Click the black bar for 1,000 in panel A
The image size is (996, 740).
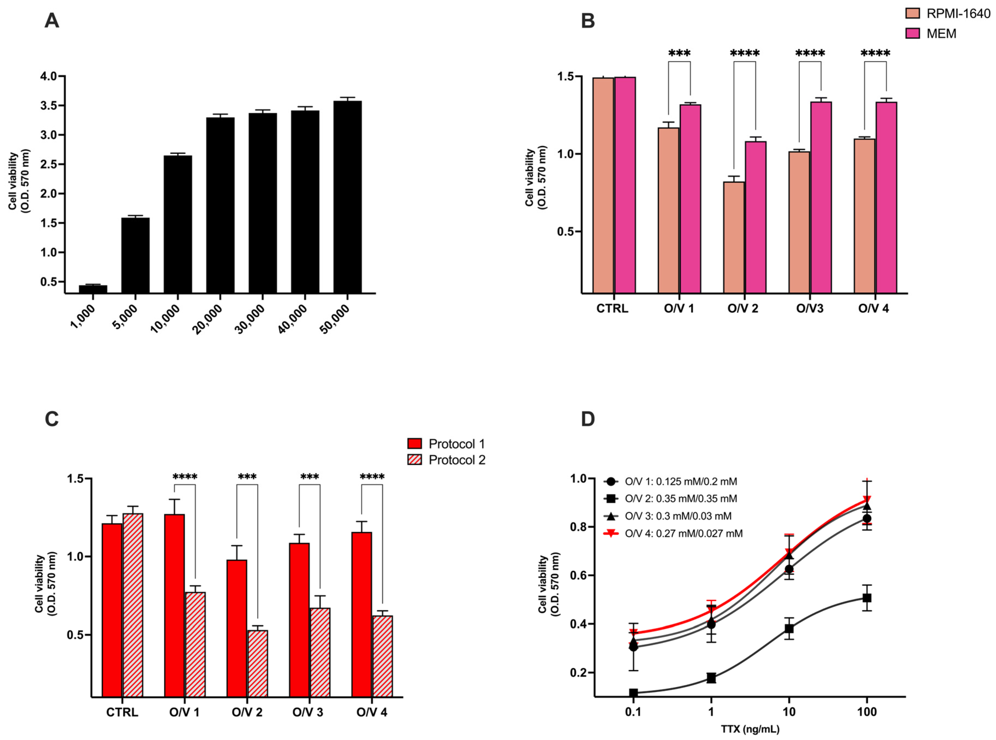click(93, 289)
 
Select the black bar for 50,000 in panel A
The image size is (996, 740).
click(347, 197)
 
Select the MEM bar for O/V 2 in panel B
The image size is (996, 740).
click(755, 217)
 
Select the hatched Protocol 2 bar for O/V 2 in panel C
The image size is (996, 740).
click(258, 663)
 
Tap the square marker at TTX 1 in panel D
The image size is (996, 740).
click(711, 678)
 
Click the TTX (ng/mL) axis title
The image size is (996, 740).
click(750, 729)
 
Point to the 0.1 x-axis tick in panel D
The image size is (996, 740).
click(633, 712)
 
